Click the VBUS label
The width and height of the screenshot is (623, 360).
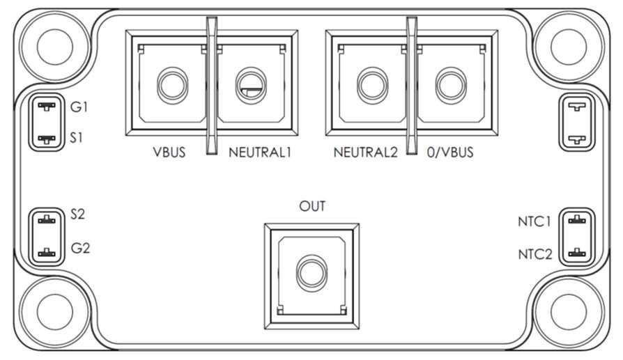[169, 152]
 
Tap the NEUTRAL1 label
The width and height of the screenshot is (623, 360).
[260, 152]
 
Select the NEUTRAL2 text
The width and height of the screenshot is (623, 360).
[366, 152]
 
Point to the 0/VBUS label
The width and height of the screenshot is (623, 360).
[450, 152]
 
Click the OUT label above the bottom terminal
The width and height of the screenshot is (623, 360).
[312, 206]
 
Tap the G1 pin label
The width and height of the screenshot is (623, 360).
[79, 107]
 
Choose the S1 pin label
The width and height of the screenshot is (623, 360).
[76, 138]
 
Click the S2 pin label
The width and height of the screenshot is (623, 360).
[77, 214]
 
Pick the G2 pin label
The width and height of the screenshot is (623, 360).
[80, 248]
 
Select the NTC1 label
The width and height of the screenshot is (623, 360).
[534, 221]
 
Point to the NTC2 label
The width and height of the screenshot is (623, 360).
[535, 254]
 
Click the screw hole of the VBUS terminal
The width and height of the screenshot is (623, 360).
[172, 86]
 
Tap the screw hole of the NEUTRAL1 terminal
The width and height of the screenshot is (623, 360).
[251, 86]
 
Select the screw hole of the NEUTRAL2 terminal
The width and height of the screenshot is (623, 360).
[372, 86]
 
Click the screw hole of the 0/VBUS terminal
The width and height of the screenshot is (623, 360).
[451, 86]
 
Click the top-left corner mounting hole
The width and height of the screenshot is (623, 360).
[55, 47]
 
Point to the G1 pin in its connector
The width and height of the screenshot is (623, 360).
[47, 107]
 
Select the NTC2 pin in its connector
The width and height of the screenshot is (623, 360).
[577, 253]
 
